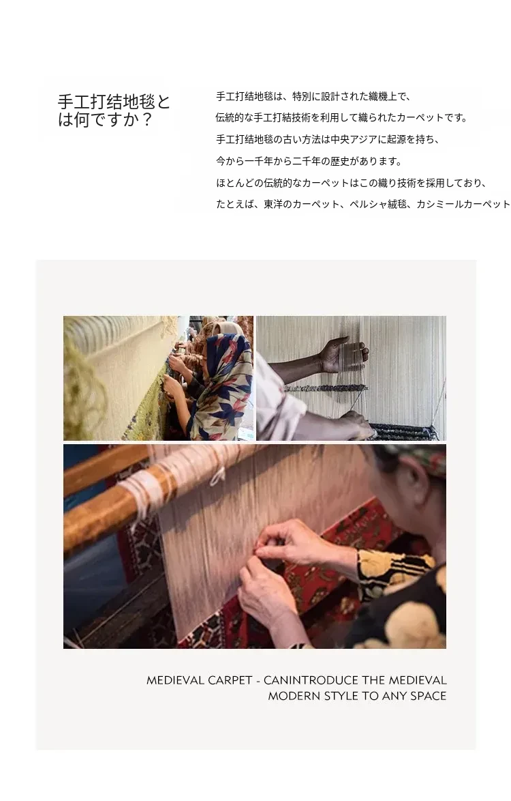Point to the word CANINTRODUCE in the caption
pyautogui.click(x=311, y=680)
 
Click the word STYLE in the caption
pyautogui.click(x=341, y=696)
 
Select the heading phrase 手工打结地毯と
pyautogui.click(x=114, y=102)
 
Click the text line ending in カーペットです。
pyautogui.click(x=341, y=117)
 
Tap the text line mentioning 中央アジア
pyautogui.click(x=328, y=139)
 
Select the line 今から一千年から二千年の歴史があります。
pyautogui.click(x=309, y=162)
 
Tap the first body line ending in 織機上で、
pyautogui.click(x=313, y=96)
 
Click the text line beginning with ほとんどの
pyautogui.click(x=352, y=183)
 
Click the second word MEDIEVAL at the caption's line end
pyautogui.click(x=418, y=680)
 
